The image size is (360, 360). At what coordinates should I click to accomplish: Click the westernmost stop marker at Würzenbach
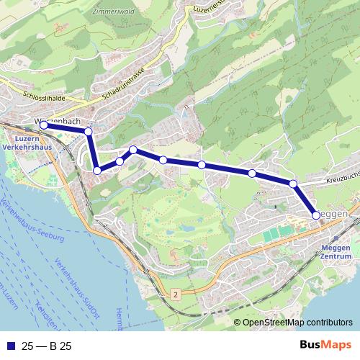pos(44,125)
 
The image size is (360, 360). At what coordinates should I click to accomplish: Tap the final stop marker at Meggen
pos(316,215)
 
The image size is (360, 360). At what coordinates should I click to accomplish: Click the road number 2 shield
pos(174,295)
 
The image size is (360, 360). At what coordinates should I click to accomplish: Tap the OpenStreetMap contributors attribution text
pos(297,323)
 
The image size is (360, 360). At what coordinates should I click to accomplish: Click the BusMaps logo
pos(321,345)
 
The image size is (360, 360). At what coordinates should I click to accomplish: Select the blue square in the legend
pos(10,345)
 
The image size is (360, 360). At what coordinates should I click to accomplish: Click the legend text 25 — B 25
pos(47,345)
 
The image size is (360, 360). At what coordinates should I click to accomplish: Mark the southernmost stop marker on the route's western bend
pos(97,171)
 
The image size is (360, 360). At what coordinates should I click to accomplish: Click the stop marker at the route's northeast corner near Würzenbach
pos(89,131)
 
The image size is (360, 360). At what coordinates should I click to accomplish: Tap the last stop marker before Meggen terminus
pos(293,184)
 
